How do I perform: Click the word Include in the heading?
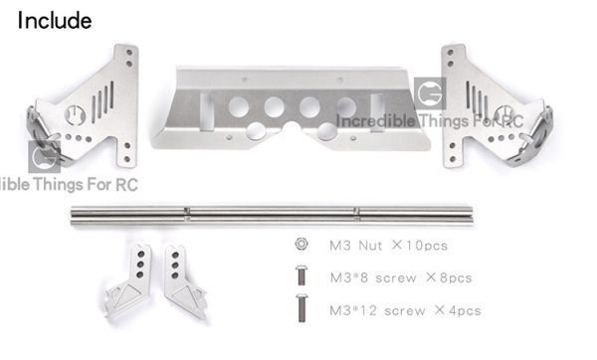pyautogui.click(x=55, y=21)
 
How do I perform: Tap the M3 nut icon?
pyautogui.click(x=301, y=244)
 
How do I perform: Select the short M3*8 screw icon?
pyautogui.click(x=301, y=275)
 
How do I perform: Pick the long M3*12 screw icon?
pyautogui.click(x=301, y=308)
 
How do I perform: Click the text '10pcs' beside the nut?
pyautogui.click(x=426, y=246)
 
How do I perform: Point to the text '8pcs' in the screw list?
pyautogui.click(x=456, y=277)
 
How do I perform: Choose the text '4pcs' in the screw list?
pyautogui.click(x=465, y=310)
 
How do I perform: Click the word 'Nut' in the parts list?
pyautogui.click(x=370, y=246)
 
